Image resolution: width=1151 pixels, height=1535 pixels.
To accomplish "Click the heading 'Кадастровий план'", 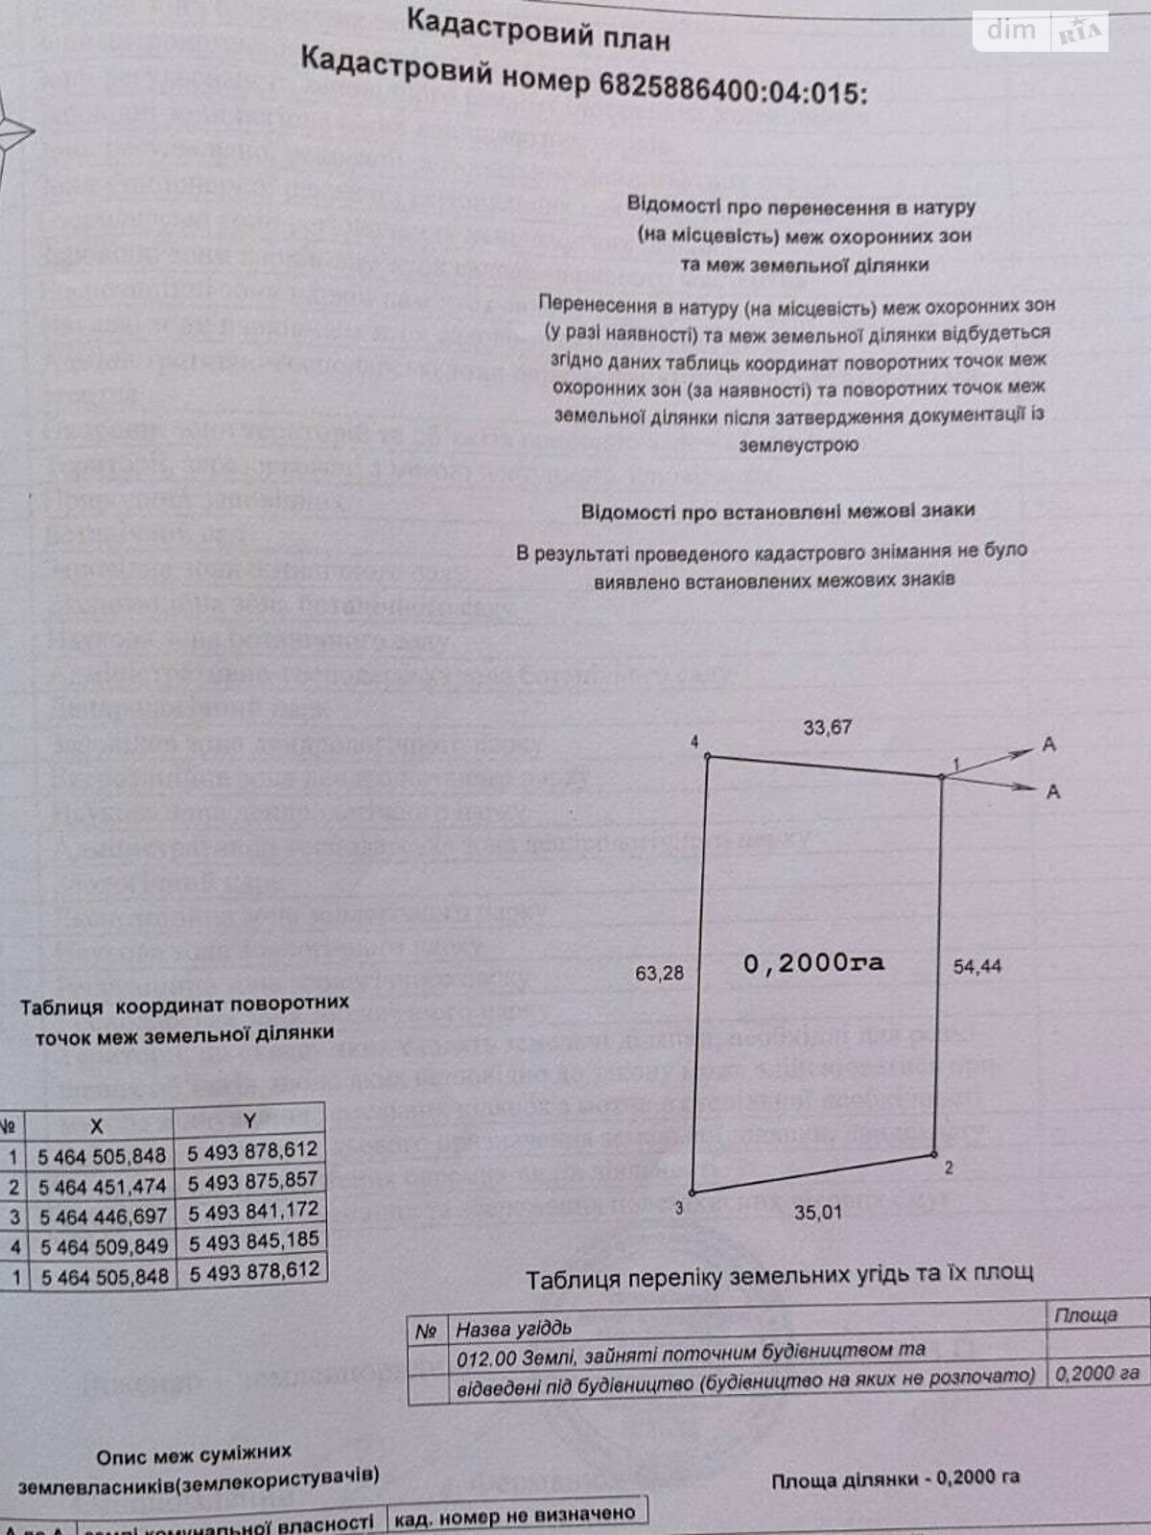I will pos(538,29).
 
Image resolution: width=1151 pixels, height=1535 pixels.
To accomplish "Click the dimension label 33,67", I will pos(827,727).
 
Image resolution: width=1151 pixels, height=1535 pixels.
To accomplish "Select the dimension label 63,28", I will pos(660,973).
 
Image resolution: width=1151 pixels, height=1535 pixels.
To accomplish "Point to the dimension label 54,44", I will pos(977,966).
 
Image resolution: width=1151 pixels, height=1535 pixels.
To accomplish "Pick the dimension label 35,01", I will pos(817,1213).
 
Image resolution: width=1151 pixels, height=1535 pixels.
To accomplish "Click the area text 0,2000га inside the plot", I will pos(813,962).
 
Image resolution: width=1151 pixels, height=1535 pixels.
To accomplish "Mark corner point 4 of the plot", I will pos(708,756).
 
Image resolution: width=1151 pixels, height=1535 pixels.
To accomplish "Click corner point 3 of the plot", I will pos(692,1193).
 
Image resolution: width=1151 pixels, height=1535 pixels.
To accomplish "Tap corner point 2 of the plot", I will pos(934,1154).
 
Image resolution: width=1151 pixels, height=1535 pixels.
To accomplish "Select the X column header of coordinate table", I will pos(95,1123).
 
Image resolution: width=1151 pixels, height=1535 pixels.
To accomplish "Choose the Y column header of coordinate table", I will pos(249,1119).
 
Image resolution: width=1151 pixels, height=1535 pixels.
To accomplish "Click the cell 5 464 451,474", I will pos(102,1187).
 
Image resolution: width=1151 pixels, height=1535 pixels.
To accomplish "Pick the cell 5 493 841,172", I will pos(253,1211).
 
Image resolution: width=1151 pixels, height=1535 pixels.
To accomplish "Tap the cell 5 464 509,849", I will pos(103,1246).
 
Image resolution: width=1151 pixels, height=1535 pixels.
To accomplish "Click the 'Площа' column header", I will pos(1086,1314).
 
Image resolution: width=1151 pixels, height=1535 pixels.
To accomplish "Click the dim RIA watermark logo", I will pos(1042,33).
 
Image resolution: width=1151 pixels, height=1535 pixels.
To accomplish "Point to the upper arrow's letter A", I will pos(1049,744).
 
